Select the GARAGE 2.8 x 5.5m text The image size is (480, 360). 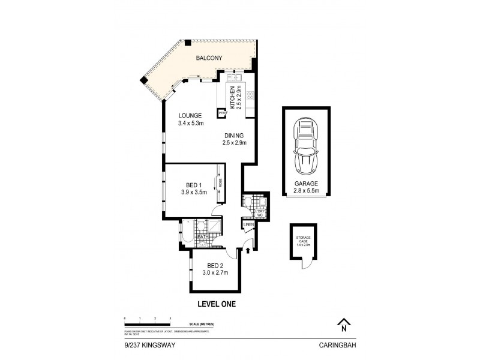click(x=306, y=188)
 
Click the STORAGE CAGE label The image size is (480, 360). click(x=303, y=242)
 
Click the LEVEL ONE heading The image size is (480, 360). click(x=216, y=304)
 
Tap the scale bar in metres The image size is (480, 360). click(x=148, y=323)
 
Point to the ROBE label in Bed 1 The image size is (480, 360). click(x=220, y=185)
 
